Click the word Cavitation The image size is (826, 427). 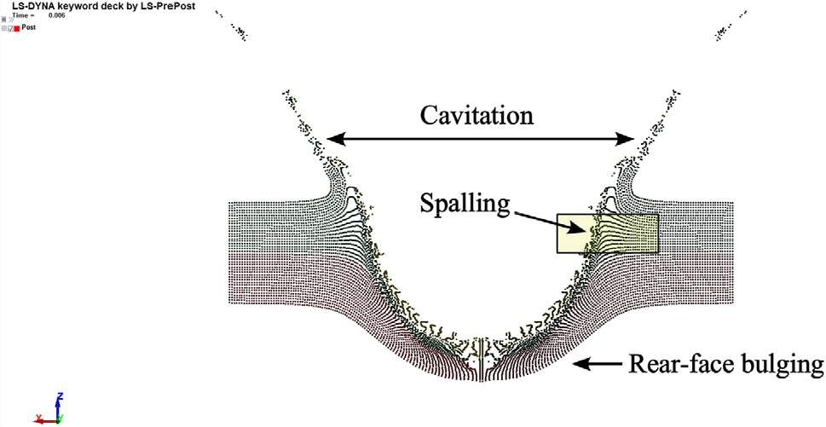click(477, 116)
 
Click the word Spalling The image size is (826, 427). click(465, 203)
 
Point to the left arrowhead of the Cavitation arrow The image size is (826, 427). click(336, 139)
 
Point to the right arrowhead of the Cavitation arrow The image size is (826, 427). click(626, 139)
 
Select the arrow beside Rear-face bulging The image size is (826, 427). click(598, 364)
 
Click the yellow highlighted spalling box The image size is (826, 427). click(608, 234)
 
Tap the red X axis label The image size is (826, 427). click(38, 418)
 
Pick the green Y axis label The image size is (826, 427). click(61, 418)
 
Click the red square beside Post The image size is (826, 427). click(17, 28)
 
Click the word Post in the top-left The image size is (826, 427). click(28, 27)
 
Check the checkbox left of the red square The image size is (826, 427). click(10, 28)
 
